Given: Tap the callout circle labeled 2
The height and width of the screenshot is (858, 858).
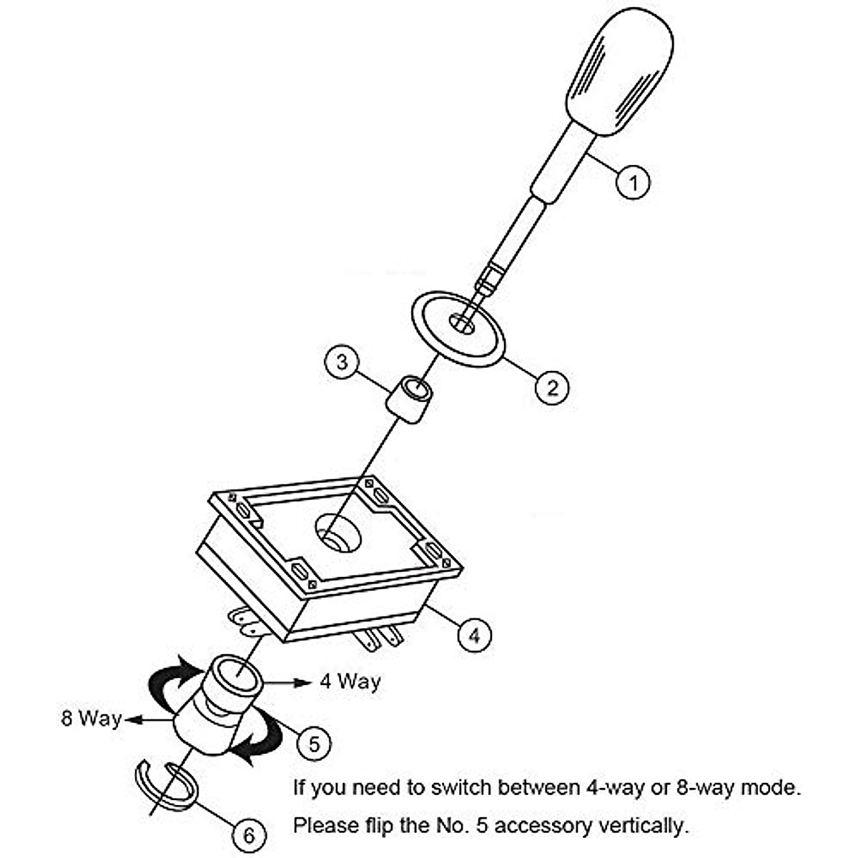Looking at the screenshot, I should point(552,388).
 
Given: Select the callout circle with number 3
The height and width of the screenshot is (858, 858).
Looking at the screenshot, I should point(342,362).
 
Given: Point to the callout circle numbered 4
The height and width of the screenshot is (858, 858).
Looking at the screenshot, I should point(474,634).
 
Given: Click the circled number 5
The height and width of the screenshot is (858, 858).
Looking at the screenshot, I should point(315,744).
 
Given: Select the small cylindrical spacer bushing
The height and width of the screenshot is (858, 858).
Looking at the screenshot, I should point(410,400).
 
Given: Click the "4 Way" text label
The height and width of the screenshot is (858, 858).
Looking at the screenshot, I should point(350,681).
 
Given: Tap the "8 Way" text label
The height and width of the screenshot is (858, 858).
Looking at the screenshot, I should point(91,718).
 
